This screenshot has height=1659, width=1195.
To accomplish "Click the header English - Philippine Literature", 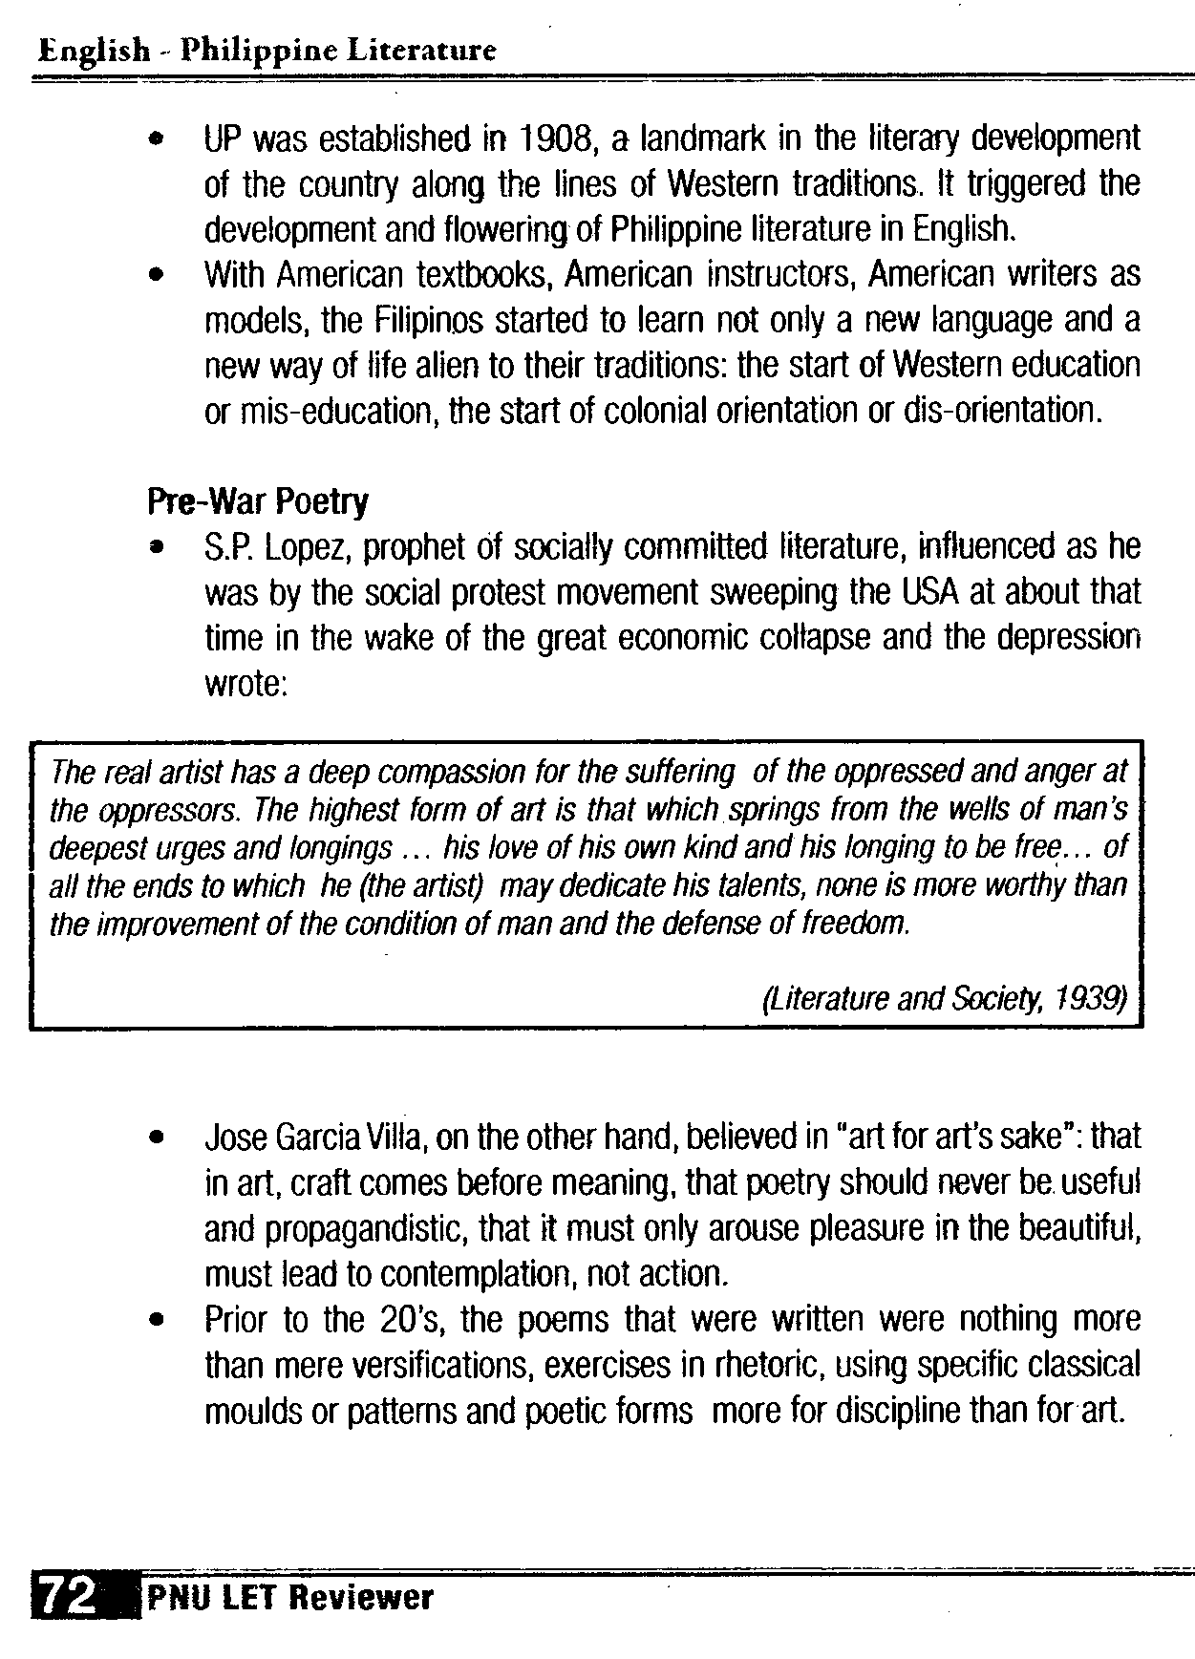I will point(267,50).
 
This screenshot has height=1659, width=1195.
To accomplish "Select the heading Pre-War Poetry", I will point(258,501).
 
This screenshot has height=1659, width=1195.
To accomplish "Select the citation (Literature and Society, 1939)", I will point(945,998).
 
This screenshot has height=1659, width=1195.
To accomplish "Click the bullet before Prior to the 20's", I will point(155,1322).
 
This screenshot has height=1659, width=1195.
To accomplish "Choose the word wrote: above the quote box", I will point(246,685).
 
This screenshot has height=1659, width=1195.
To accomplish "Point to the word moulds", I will point(252,1413).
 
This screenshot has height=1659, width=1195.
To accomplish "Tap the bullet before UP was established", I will point(155,140).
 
